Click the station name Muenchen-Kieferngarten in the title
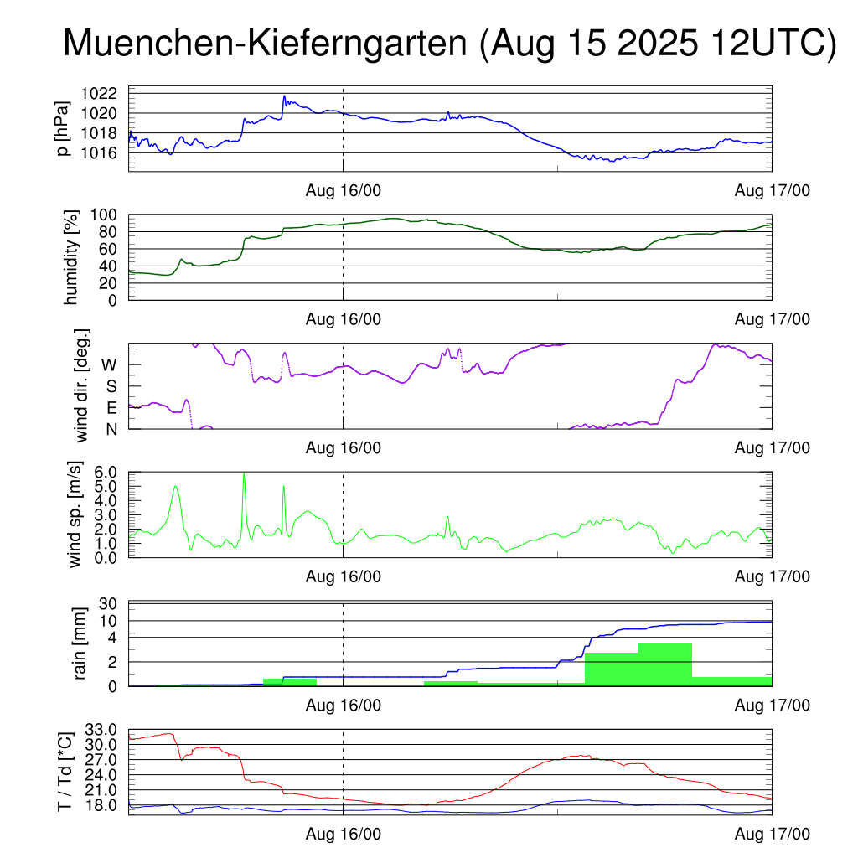[x=266, y=44]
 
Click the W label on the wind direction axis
[x=109, y=364]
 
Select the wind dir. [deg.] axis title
[x=83, y=385]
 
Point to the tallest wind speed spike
[x=244, y=476]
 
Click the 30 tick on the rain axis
[x=115, y=604]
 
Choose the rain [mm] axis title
[x=81, y=643]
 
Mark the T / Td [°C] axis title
[x=64, y=772]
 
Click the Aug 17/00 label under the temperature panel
[x=772, y=835]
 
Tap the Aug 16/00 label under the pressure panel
[x=343, y=190]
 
